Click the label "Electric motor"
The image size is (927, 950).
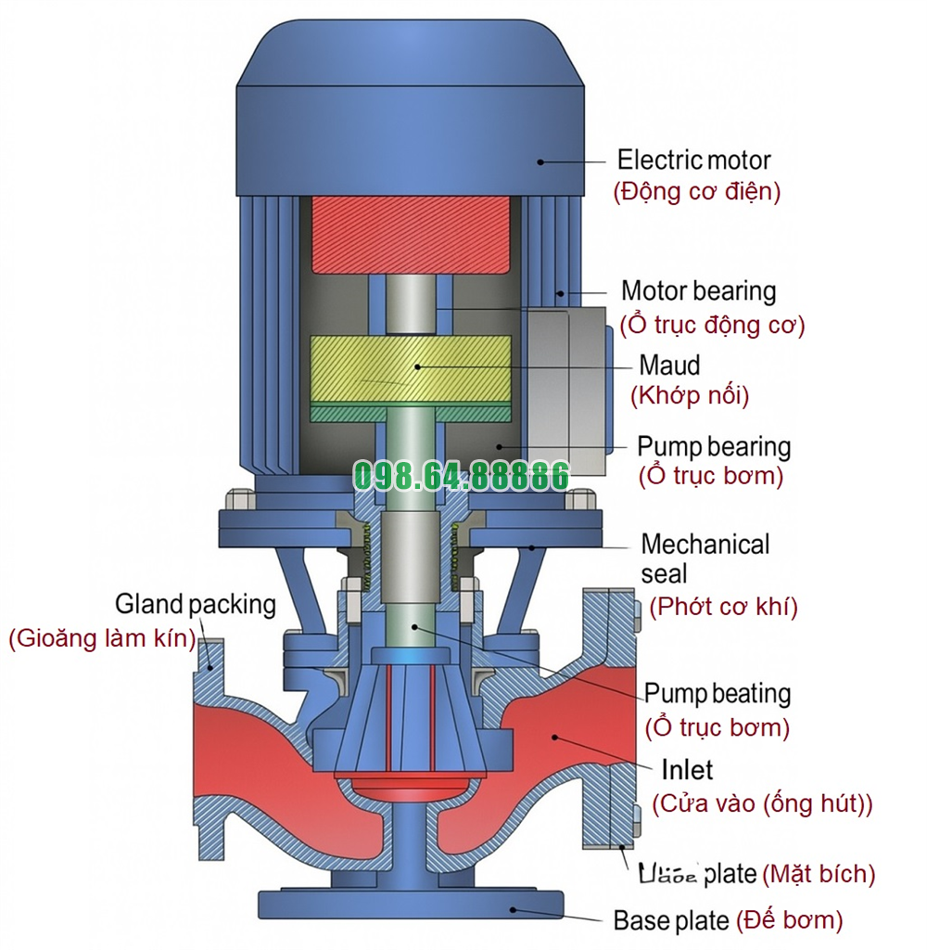[x=693, y=160]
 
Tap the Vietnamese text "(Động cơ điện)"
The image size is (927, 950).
[x=696, y=192]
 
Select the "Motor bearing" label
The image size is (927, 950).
[x=698, y=291]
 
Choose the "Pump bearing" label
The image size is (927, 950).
[x=713, y=446]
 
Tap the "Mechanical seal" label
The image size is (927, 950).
[x=705, y=558]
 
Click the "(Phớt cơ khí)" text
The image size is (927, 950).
[x=722, y=607]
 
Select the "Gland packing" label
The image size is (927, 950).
[x=196, y=605]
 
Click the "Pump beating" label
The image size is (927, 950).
[x=717, y=693]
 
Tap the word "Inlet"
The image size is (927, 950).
[x=687, y=770]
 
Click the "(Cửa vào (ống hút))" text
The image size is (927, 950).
[x=762, y=803]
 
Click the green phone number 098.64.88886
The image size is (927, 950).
[x=461, y=477]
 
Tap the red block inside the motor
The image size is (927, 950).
[x=411, y=234]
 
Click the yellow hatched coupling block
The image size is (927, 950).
[x=410, y=366]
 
